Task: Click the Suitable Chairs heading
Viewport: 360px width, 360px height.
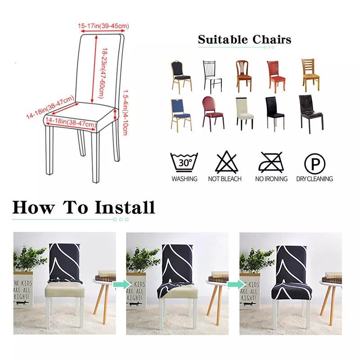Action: pos(244,40)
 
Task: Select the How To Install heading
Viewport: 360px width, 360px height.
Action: pos(83,207)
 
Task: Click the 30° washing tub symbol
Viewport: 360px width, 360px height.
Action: pos(184,162)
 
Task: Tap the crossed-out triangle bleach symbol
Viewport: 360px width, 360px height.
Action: pos(225,162)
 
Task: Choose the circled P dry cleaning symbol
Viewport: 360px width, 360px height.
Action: pos(314,162)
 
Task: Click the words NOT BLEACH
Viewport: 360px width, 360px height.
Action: pos(225,179)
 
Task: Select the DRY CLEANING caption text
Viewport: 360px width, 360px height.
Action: pos(314,179)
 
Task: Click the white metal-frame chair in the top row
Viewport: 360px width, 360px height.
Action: pos(212,76)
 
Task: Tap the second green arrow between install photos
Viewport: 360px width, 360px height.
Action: pos(234,284)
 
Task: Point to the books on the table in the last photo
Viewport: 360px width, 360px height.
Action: pos(333,277)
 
